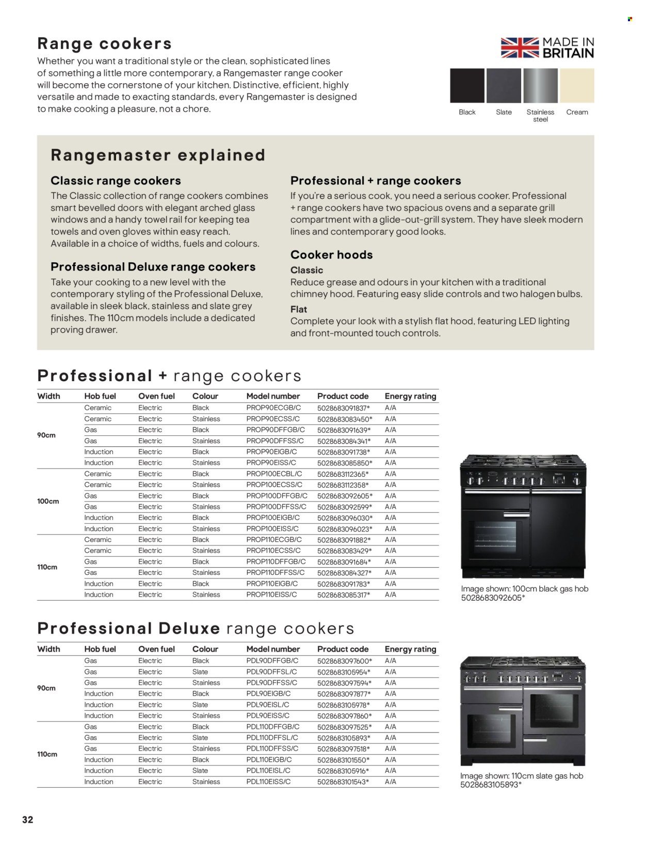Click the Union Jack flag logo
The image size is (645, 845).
[520, 48]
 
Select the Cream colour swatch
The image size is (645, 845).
[577, 86]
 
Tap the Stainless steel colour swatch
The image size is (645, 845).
[540, 86]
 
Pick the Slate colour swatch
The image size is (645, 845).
[504, 86]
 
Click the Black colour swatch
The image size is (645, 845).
[467, 86]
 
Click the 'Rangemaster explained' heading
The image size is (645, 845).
[158, 155]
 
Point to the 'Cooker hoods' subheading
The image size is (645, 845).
[331, 255]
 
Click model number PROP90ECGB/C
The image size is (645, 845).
[275, 408]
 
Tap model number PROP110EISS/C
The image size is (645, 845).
[271, 594]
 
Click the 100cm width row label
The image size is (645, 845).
[48, 501]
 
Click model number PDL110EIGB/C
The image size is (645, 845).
[269, 759]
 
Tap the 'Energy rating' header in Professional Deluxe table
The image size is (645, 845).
[410, 649]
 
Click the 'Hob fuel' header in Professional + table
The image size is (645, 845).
[100, 396]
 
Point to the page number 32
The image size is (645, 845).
[27, 819]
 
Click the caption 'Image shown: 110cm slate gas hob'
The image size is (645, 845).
[521, 776]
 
